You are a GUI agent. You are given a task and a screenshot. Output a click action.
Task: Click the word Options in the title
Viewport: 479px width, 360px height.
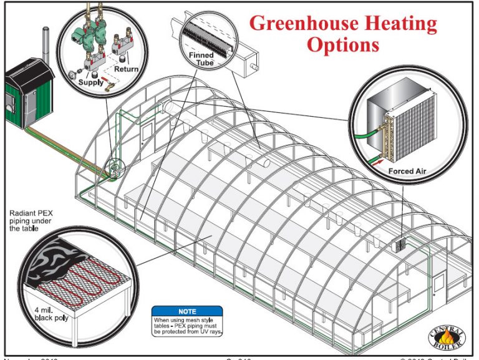tap(342, 45)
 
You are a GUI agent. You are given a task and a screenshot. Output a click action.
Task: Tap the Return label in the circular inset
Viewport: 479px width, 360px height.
tap(125, 69)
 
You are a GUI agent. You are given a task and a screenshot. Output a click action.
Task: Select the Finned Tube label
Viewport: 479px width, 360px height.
tap(201, 59)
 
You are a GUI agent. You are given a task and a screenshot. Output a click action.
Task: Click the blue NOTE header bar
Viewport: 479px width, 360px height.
tap(186, 311)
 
